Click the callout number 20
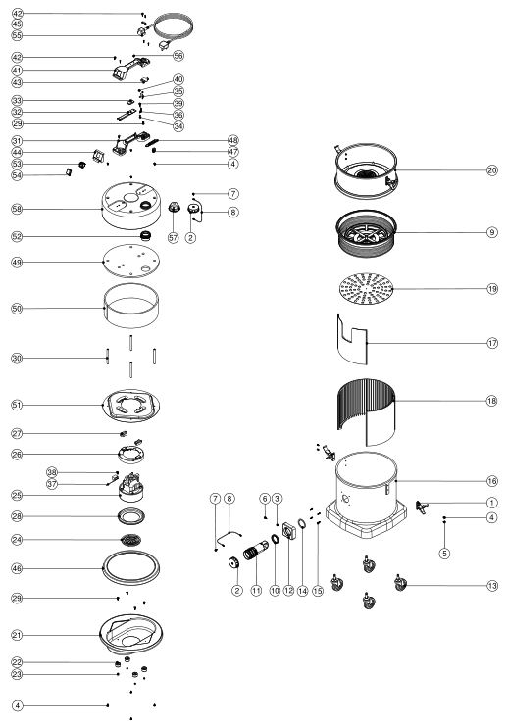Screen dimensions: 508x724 [492, 170]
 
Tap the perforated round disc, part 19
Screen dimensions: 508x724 [366, 289]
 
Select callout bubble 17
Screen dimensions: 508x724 [492, 343]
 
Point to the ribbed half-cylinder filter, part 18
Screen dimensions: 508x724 [366, 411]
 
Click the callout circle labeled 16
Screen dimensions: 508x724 [492, 481]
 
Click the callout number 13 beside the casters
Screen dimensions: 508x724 [492, 586]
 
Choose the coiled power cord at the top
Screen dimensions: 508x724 [173, 27]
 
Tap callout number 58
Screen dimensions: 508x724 [17, 209]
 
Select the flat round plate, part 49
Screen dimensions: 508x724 [131, 261]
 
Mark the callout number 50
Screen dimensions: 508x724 [17, 308]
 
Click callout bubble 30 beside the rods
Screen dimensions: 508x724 [17, 358]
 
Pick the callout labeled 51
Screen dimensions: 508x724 [17, 405]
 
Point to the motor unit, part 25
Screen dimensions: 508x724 [130, 487]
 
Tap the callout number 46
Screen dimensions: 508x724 [17, 568]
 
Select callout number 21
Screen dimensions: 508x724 [17, 636]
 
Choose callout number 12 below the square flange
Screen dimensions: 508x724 [289, 590]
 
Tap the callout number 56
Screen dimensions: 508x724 [178, 56]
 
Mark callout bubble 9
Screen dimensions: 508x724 [492, 232]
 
